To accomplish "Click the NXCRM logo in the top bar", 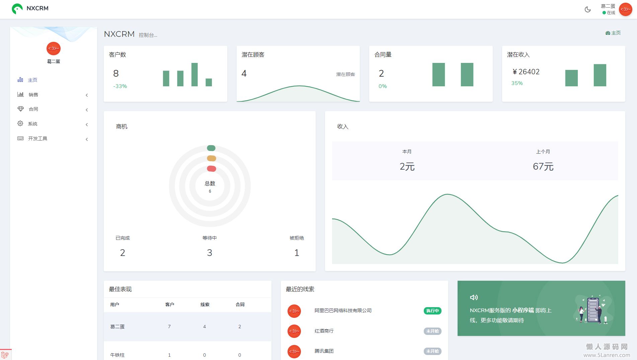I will (x=30, y=8).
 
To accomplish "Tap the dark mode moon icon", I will (x=587, y=9).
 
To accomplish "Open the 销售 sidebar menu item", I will (x=33, y=95).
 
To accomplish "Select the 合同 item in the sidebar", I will (x=33, y=109).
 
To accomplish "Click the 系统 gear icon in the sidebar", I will (x=20, y=123).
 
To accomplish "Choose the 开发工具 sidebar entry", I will (x=37, y=139).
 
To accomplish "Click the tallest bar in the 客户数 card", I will (x=194, y=74).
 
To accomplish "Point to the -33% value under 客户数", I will (x=120, y=86).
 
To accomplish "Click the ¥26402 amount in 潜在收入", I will (x=526, y=72).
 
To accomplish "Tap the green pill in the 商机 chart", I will (x=211, y=148).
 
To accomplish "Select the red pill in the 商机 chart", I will (x=212, y=169).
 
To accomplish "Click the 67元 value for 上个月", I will (x=543, y=166).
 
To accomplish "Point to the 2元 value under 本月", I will (x=407, y=166).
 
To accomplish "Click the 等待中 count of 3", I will (x=210, y=253).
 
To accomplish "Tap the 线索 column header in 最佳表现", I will (x=205, y=304).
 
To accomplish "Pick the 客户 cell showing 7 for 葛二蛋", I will (x=169, y=327).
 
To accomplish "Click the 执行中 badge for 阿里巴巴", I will (x=432, y=311).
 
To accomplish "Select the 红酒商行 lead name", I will (x=324, y=331).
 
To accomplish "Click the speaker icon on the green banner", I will (x=474, y=297).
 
